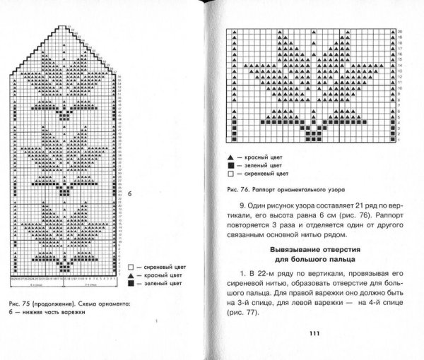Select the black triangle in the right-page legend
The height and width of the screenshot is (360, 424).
coord(230,153)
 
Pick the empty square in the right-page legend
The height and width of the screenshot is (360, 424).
coord(230,173)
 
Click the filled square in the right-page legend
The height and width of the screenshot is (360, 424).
coord(230,163)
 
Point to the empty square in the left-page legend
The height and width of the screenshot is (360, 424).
coord(130,267)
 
